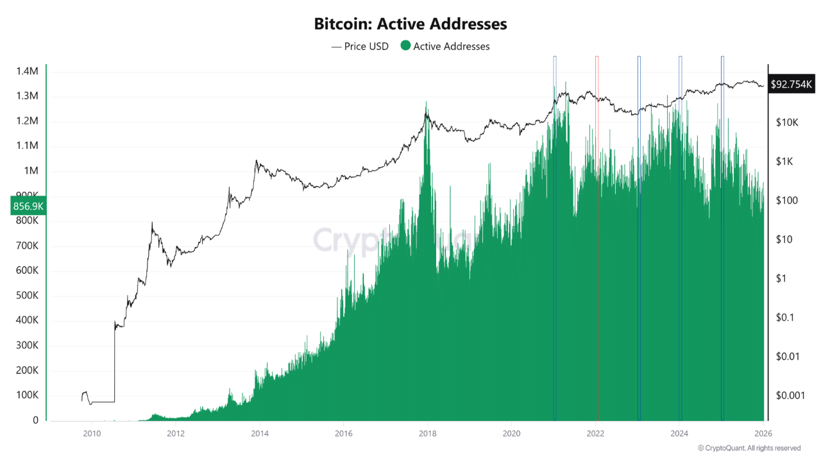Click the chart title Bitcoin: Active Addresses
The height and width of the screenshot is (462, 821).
pyautogui.click(x=410, y=24)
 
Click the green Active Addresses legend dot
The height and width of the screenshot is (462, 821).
pyautogui.click(x=405, y=46)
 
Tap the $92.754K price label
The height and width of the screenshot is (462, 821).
pyautogui.click(x=791, y=84)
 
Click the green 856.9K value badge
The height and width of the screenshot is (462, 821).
pyautogui.click(x=28, y=207)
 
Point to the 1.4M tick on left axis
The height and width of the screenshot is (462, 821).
pyautogui.click(x=28, y=71)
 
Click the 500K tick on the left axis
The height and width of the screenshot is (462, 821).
pyautogui.click(x=28, y=296)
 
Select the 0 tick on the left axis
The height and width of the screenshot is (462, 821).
pyautogui.click(x=36, y=420)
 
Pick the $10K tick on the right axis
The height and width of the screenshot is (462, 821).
pyautogui.click(x=786, y=122)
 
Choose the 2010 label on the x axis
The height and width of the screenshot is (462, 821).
pyautogui.click(x=92, y=433)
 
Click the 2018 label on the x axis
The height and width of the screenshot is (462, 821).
pyautogui.click(x=427, y=433)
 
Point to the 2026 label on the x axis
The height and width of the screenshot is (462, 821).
pyautogui.click(x=763, y=433)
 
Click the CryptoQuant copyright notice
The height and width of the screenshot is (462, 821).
pyautogui.click(x=749, y=448)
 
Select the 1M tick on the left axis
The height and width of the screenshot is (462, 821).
pyautogui.click(x=30, y=171)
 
